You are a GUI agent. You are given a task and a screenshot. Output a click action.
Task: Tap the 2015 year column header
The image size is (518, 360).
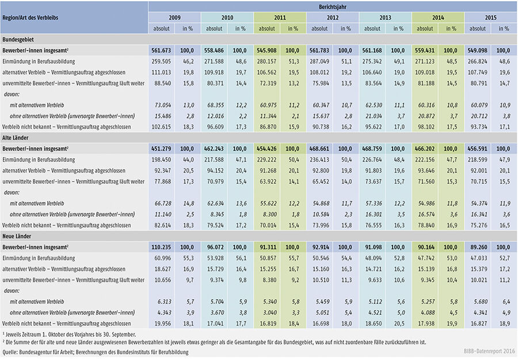pyautogui.click(x=490, y=17)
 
